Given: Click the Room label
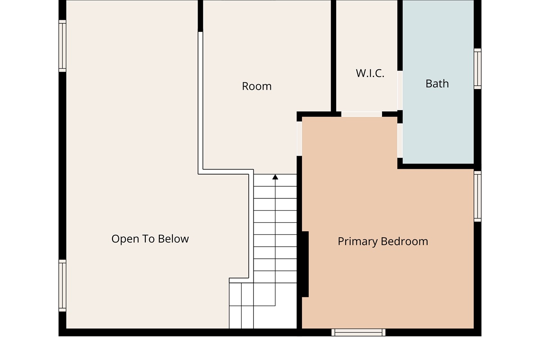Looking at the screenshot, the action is tap(257, 86).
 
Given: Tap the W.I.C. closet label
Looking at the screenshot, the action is tap(370, 73).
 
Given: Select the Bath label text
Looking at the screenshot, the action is tap(437, 84).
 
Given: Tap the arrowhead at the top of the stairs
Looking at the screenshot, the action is tap(275, 177).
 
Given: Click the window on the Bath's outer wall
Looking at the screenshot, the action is tap(477, 69).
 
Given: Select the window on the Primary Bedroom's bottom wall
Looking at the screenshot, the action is tap(358, 332).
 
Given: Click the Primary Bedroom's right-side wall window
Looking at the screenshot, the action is tap(477, 196).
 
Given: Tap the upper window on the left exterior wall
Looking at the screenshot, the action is tap(62, 46).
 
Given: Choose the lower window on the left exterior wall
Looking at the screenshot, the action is tap(62, 285).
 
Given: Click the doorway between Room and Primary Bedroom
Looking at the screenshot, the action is tap(299, 139).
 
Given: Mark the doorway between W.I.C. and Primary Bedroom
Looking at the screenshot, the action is tap(362, 114).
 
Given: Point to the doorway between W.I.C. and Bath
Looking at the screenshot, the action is tap(400, 90).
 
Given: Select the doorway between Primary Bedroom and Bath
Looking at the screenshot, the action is tap(400, 140).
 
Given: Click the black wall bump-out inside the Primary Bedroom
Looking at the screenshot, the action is tap(305, 264).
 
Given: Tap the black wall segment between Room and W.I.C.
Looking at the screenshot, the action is tap(333, 56).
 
